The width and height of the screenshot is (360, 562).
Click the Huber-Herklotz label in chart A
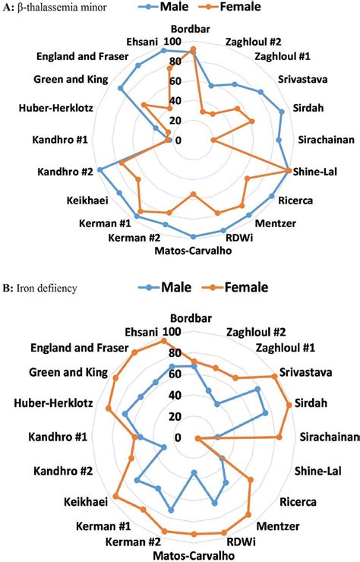(x=54, y=109)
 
